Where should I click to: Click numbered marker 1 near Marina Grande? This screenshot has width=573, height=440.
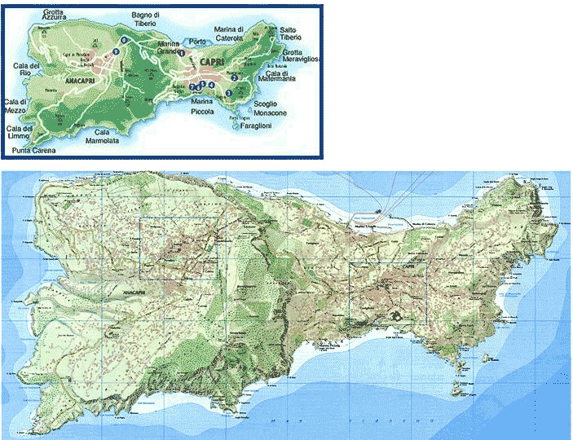point(182,53)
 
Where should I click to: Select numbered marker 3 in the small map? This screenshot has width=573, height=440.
point(229,93)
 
